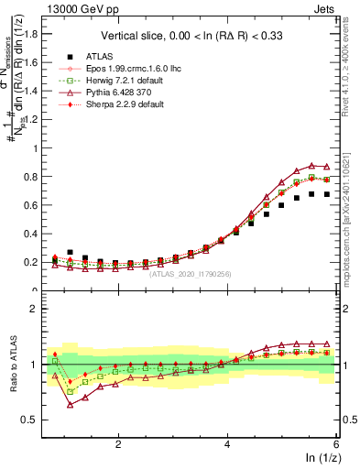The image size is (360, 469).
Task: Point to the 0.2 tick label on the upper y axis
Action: pyautogui.click(x=30, y=262)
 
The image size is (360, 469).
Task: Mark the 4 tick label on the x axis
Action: pyautogui.click(x=227, y=443)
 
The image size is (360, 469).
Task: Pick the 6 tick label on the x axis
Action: pyautogui.click(x=336, y=443)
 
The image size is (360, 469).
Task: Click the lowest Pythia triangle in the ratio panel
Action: pyautogui.click(x=71, y=405)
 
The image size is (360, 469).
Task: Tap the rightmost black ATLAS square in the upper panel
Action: pyautogui.click(x=327, y=194)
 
